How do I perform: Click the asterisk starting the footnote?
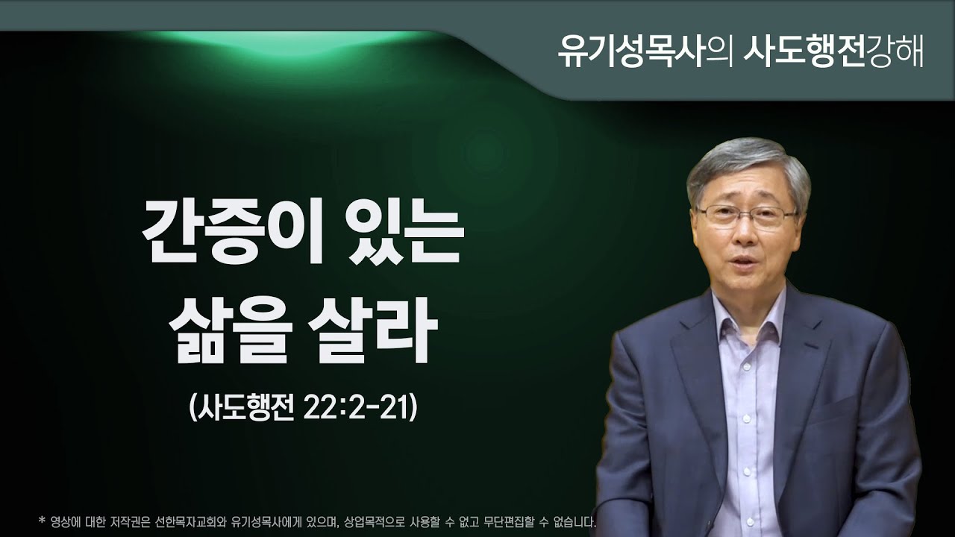41,520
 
